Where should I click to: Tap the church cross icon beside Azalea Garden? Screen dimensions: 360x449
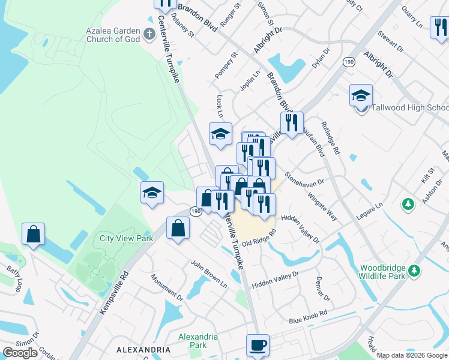point(150,34)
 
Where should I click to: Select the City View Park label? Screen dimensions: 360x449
point(126,238)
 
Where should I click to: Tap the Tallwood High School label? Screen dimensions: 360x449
point(409,108)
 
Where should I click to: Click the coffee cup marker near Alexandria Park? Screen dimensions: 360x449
point(258,346)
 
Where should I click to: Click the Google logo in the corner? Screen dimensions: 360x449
point(20,353)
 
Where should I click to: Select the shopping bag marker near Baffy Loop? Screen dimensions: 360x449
point(34,234)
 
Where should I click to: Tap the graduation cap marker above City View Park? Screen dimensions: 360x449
point(152,193)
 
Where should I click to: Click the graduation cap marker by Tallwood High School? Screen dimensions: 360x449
point(361,95)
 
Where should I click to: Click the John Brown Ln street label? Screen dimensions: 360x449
point(209,271)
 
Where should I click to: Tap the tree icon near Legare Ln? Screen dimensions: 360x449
point(408,205)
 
